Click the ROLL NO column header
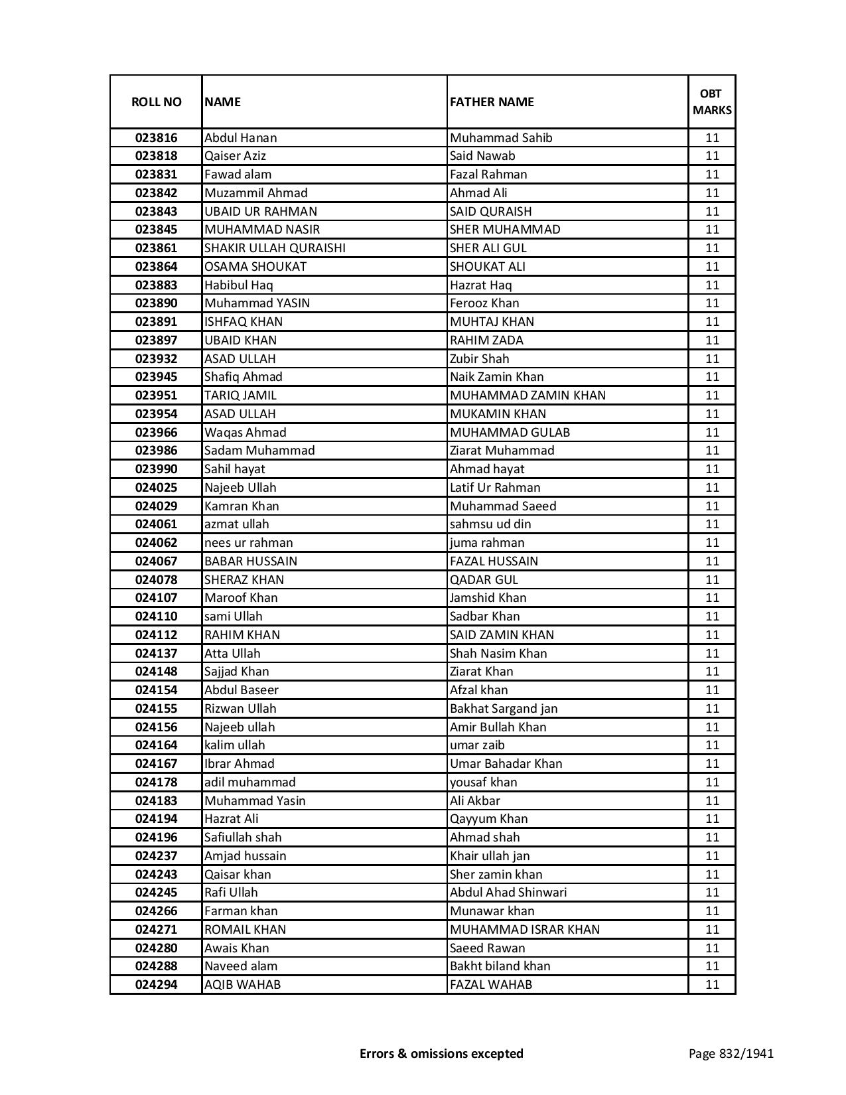(156, 102)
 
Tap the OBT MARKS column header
(712, 102)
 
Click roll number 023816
(156, 138)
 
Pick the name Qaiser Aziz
(235, 156)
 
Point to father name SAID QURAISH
(490, 211)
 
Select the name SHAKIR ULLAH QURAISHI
(275, 248)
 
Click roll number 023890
(156, 303)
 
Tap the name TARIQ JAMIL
(240, 396)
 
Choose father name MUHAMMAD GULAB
(510, 432)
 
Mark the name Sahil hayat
(234, 469)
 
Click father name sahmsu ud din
(490, 524)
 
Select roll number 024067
(156, 561)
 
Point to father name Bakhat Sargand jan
(504, 709)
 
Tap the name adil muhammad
(249, 782)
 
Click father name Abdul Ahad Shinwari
(508, 893)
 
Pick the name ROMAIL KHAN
(245, 929)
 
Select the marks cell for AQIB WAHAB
(712, 985)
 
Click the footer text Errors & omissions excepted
(441, 1053)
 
